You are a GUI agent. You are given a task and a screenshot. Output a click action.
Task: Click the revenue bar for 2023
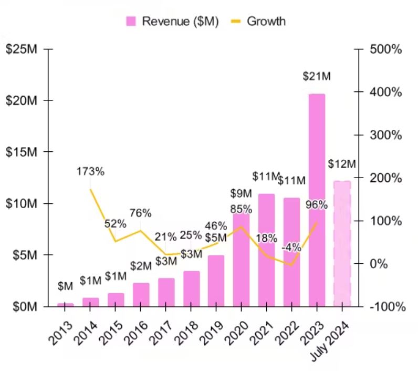pos(317,200)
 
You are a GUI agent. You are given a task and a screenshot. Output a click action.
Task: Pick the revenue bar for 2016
pos(141,294)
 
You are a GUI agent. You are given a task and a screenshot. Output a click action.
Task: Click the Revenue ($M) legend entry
pos(172,21)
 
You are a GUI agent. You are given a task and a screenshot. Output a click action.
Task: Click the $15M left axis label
pos(20,152)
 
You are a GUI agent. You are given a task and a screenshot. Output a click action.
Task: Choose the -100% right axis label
pos(387,306)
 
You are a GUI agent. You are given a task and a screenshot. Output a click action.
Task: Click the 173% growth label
pos(90,171)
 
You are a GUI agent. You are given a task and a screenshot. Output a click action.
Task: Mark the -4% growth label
pos(290,246)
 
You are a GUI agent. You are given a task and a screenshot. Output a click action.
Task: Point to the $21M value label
pos(317,76)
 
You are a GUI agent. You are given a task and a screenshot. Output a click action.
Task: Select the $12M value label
pos(342,163)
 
